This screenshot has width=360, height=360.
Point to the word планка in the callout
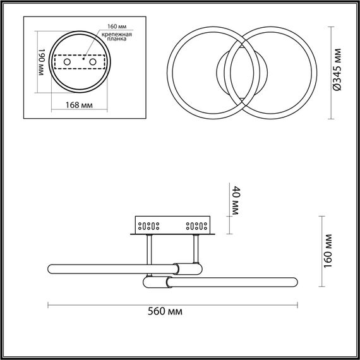click(x=116, y=39)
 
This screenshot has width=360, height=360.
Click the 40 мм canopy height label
click(x=236, y=201)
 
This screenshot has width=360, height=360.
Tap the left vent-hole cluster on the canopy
click(x=150, y=224)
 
